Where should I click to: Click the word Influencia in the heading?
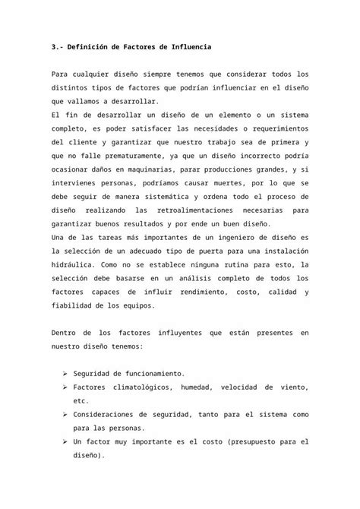pos(185,47)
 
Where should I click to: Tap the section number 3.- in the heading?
pos(59,47)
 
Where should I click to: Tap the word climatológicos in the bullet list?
pos(142,387)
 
